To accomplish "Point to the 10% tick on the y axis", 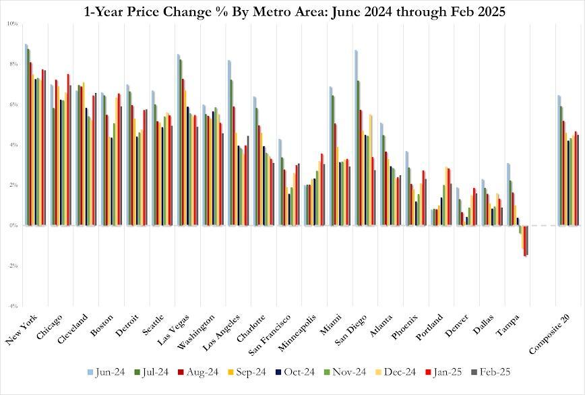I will (13, 24).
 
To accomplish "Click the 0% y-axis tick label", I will (13, 225).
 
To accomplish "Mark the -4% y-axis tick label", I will (13, 306).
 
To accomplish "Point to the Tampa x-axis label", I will (510, 326).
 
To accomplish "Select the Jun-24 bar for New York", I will (26, 135).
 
